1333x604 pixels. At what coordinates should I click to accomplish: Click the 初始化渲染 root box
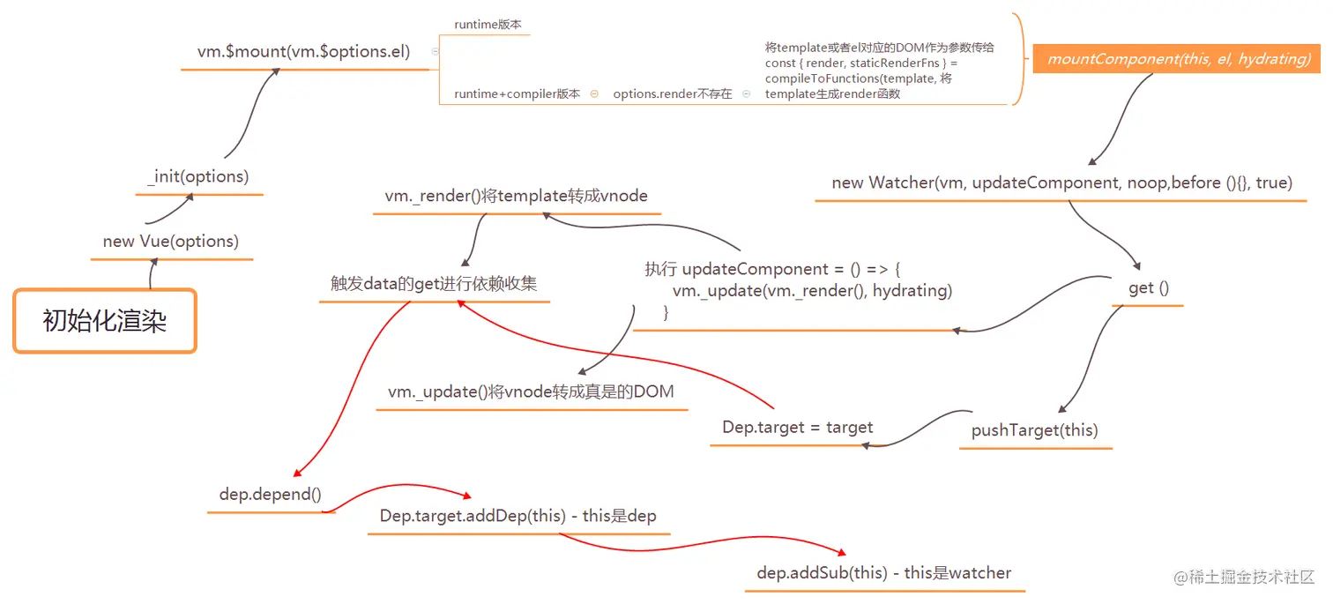104,321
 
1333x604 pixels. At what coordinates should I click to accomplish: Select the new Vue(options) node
171,242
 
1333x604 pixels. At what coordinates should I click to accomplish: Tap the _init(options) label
199,176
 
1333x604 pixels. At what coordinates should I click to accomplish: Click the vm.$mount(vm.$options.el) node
304,51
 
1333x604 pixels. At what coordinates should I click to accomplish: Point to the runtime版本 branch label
488,25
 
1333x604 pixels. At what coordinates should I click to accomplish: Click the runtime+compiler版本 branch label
517,93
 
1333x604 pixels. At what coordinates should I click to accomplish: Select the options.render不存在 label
672,93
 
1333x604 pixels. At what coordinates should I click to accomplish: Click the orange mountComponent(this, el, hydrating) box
1177,59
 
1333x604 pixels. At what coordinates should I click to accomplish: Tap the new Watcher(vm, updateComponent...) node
1061,183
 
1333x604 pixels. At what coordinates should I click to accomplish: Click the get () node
1148,288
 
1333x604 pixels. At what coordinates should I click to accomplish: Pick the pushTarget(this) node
1034,430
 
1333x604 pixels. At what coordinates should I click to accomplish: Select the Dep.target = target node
797,428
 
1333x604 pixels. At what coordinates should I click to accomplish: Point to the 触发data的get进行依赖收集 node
434,284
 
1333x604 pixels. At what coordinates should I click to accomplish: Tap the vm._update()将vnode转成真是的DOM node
531,391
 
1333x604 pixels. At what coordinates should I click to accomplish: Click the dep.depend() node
270,495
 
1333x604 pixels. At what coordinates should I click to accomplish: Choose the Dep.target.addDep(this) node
518,516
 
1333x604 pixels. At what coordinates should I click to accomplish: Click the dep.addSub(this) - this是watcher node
883,573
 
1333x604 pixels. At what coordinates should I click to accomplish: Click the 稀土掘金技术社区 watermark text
1252,578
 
